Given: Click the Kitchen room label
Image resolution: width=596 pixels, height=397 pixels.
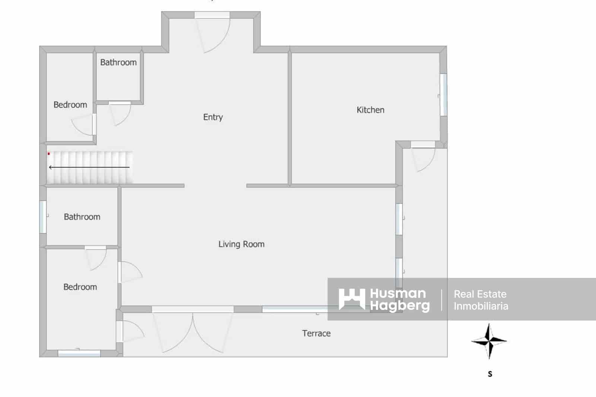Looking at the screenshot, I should [x=370, y=110].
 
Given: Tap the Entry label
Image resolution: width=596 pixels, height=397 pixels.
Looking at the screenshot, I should [x=213, y=117].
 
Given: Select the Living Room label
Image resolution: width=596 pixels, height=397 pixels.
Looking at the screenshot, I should [x=241, y=244].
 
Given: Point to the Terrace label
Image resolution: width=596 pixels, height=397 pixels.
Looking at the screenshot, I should [x=316, y=333].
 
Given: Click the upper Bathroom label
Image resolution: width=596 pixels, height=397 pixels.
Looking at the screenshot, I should [x=118, y=62].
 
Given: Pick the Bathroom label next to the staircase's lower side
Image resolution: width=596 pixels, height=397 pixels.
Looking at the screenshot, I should [x=82, y=217].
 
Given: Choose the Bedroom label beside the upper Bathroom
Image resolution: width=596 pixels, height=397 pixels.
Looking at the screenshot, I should [x=70, y=105].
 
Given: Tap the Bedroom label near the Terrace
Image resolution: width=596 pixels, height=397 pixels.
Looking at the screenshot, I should [x=80, y=287].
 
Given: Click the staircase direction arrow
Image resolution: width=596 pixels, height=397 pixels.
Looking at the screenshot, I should [x=89, y=167].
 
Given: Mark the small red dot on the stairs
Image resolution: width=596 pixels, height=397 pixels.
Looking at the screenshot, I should [x=48, y=154].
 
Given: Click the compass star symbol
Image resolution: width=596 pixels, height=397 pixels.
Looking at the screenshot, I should [x=489, y=341].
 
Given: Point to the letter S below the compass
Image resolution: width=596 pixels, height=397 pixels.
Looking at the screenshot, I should [x=490, y=374].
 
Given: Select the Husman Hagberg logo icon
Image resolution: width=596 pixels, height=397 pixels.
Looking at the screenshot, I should [x=351, y=299].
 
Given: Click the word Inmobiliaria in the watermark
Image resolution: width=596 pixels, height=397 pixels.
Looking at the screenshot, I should [x=481, y=306].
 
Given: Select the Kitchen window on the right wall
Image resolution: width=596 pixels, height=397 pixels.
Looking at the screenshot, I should [x=443, y=95].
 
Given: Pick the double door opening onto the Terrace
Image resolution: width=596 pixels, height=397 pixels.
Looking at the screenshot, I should [x=193, y=331].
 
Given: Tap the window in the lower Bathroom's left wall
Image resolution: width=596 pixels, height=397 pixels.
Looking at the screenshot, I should [x=43, y=217].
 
